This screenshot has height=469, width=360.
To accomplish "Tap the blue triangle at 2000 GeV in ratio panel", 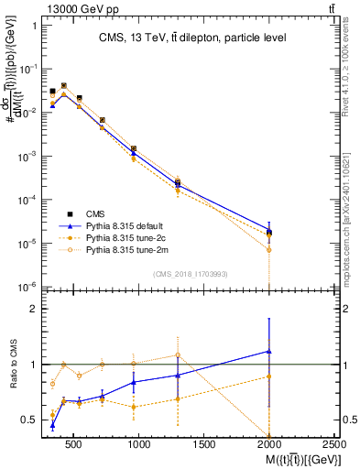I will pyautogui.click(x=269, y=352).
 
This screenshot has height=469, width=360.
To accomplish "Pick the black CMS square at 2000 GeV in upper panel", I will pyautogui.click(x=269, y=233).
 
